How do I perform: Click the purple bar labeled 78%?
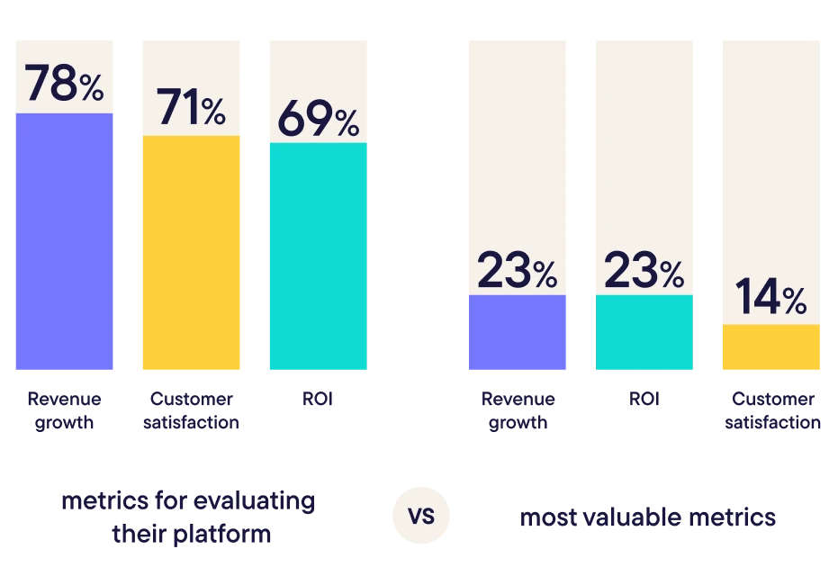[x=64, y=243]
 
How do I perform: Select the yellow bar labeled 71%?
[x=190, y=254]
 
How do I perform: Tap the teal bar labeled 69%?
[x=317, y=257]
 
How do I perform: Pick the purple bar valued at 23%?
[x=518, y=333]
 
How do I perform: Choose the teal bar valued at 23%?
[x=644, y=333]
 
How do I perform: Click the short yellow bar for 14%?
[x=770, y=348]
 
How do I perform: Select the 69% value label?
[x=317, y=120]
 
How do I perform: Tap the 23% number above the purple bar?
[x=518, y=271]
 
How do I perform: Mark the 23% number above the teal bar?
[x=644, y=271]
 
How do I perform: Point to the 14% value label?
[x=770, y=299]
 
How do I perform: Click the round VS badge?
[x=421, y=517]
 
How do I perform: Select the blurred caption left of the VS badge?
[x=188, y=517]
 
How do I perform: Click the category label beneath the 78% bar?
[x=64, y=409]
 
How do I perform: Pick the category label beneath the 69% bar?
[x=317, y=399]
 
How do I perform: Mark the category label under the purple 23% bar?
[x=518, y=409]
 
